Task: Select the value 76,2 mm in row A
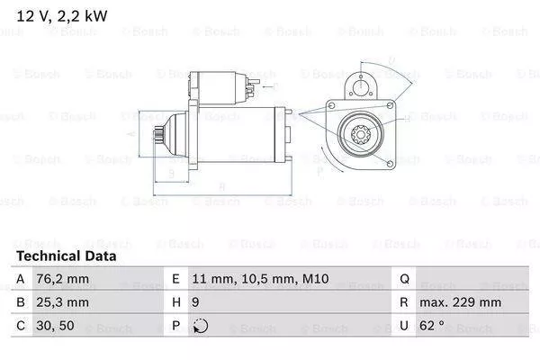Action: point(64,280)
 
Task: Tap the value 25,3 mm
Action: point(64,302)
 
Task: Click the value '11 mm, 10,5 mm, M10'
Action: point(243,280)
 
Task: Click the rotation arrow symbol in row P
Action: point(199,325)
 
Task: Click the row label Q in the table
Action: point(405,280)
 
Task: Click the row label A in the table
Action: point(21,280)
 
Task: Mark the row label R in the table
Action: point(405,302)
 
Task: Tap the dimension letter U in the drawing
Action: point(391,61)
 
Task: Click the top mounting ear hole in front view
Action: point(364,88)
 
